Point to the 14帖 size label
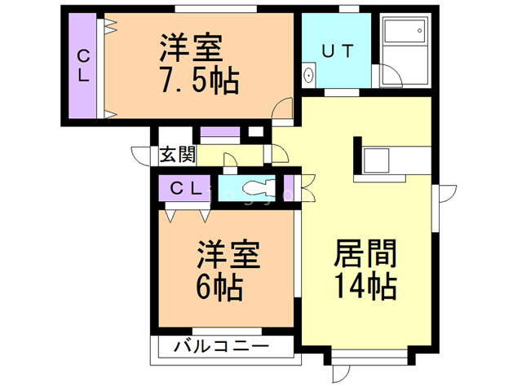[x=364, y=287]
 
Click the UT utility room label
[x=337, y=51]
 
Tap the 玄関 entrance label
[x=176, y=154]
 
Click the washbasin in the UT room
[x=310, y=76]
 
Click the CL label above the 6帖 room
[x=187, y=187]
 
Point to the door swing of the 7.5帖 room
[x=282, y=108]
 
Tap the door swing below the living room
[x=343, y=372]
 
